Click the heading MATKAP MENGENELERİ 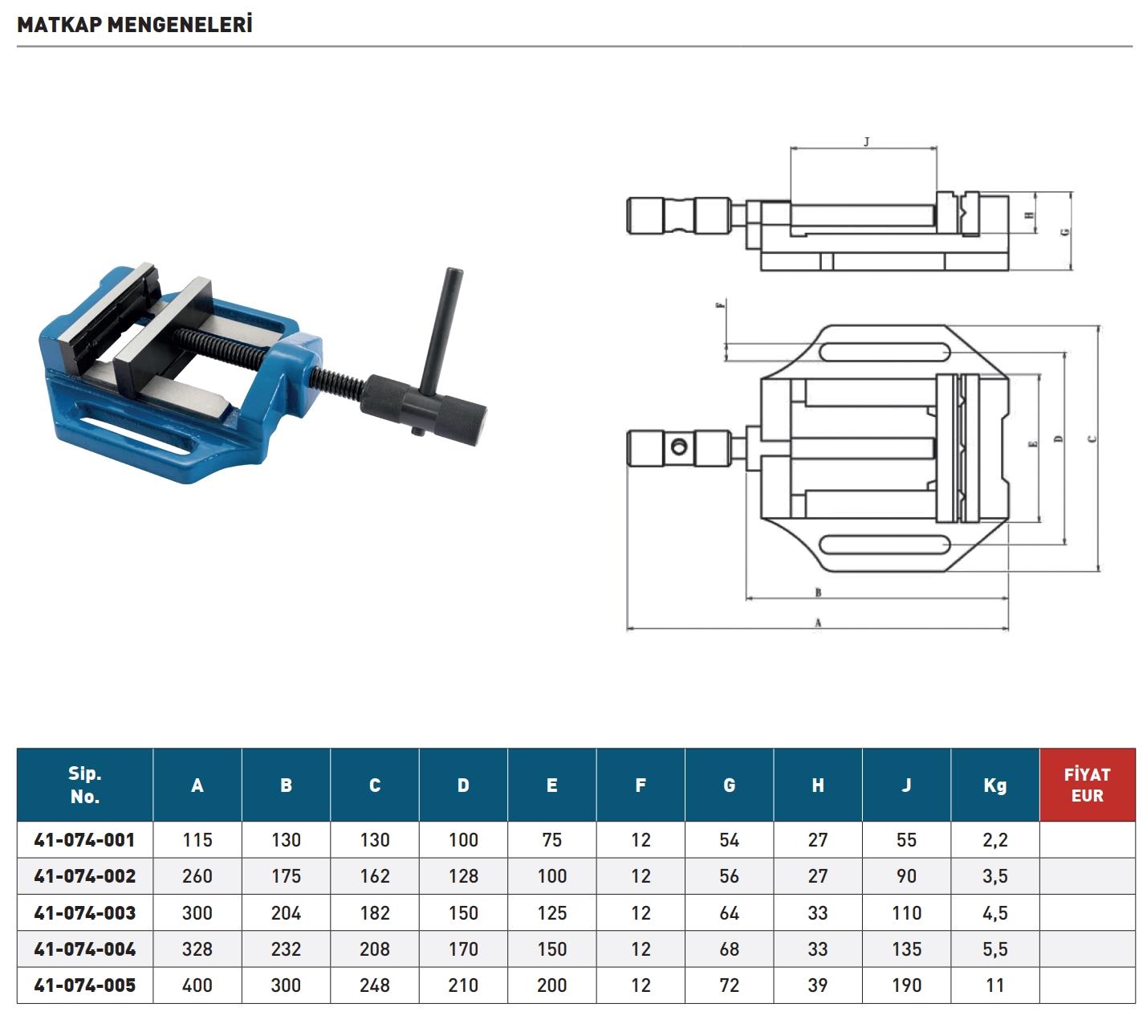[x=135, y=24]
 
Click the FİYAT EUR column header [x=1087, y=785]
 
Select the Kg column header [x=994, y=785]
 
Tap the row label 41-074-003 [x=85, y=912]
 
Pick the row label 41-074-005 [x=85, y=985]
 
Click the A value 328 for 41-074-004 [x=197, y=949]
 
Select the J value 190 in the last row [x=906, y=985]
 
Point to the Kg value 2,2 [x=994, y=840]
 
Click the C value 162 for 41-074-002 [x=375, y=876]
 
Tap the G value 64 [x=729, y=912]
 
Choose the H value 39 [x=817, y=985]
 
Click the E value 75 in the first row [x=551, y=840]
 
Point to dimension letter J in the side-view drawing [x=866, y=142]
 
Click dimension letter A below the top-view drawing [x=818, y=622]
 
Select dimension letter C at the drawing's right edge [x=1092, y=439]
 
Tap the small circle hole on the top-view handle [x=680, y=446]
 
